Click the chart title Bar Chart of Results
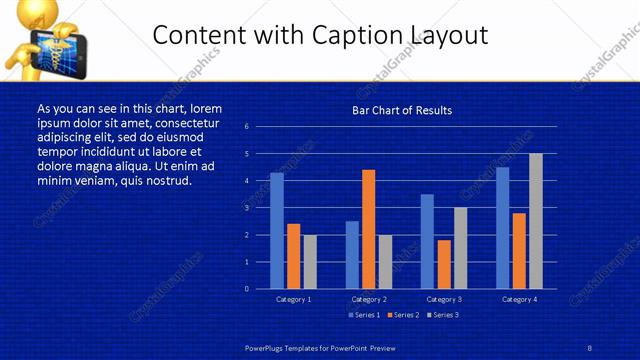(x=402, y=110)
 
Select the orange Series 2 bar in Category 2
(x=368, y=229)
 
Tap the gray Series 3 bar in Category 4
(x=536, y=221)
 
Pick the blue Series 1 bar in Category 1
(x=277, y=231)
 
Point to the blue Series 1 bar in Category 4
(x=502, y=228)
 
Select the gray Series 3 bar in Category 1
(x=310, y=262)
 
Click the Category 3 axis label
(x=444, y=299)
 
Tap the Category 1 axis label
(x=293, y=299)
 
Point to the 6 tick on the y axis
(x=247, y=127)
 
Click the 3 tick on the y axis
(x=247, y=208)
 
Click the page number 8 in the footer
(x=590, y=346)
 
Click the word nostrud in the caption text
(x=164, y=181)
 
